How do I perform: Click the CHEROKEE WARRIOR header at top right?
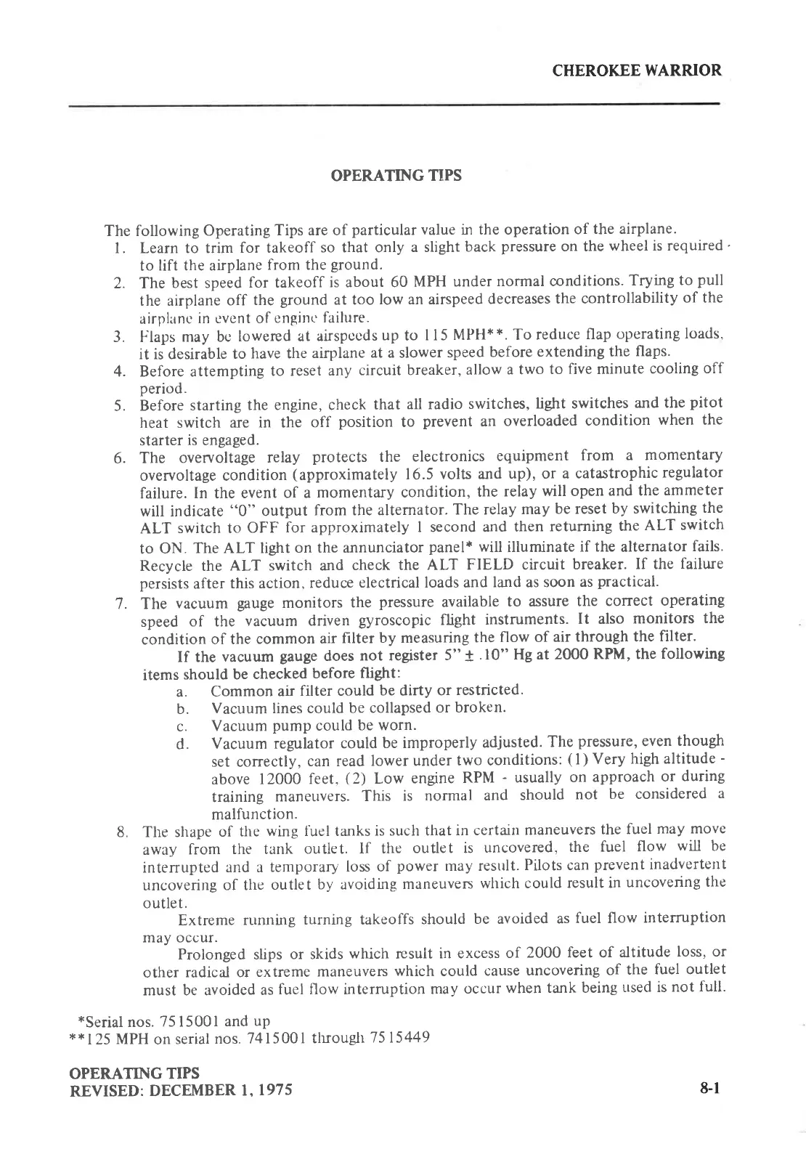637,70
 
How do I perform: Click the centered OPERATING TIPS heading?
396,176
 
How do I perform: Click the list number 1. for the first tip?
121,246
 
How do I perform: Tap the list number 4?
121,371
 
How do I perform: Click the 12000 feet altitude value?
290,777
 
